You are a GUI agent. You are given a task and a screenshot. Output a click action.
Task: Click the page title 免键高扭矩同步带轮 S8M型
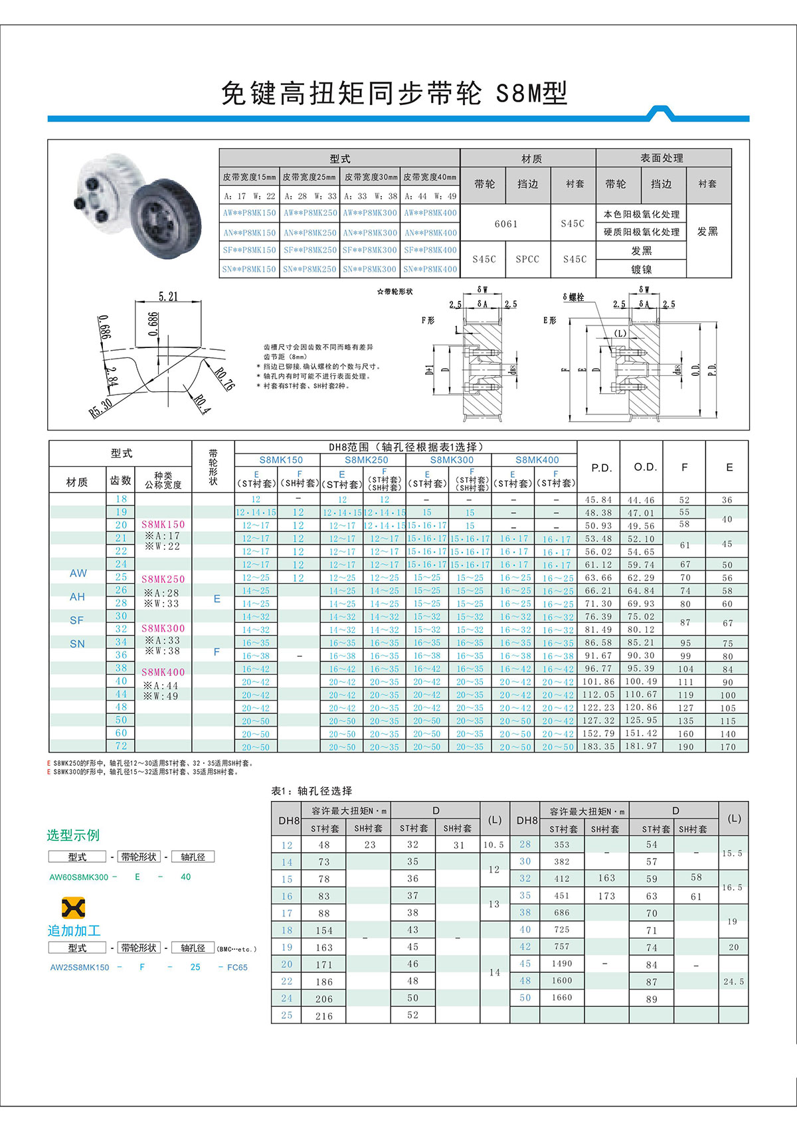tap(395, 94)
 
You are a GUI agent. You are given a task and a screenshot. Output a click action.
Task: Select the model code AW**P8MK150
tap(249, 213)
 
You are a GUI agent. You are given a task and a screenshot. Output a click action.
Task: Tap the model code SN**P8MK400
tap(430, 269)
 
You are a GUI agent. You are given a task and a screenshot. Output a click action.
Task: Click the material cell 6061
tap(505, 224)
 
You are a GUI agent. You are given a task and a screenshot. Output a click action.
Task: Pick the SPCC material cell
tap(527, 259)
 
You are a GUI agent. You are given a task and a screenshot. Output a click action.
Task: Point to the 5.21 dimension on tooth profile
tap(168, 296)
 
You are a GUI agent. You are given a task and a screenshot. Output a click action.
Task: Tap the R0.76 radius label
tap(224, 379)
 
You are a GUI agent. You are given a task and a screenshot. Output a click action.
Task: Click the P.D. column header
tap(601, 468)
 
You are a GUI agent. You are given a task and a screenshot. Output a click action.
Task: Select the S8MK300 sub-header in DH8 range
tap(452, 460)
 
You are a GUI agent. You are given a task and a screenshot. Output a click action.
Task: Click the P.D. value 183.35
tap(598, 746)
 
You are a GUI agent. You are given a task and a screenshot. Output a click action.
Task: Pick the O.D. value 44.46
tap(641, 499)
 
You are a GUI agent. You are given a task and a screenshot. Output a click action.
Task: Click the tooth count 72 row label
tap(121, 746)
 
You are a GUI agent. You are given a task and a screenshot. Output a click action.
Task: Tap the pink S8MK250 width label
tap(163, 579)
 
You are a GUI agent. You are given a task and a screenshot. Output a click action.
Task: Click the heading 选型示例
tap(73, 835)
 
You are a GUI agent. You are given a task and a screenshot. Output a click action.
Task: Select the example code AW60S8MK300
tap(78, 877)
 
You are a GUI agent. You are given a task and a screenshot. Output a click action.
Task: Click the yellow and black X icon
tap(73, 908)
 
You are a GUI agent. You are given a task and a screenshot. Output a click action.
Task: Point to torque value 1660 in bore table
tap(562, 997)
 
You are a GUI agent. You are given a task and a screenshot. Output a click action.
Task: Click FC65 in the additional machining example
tap(237, 967)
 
